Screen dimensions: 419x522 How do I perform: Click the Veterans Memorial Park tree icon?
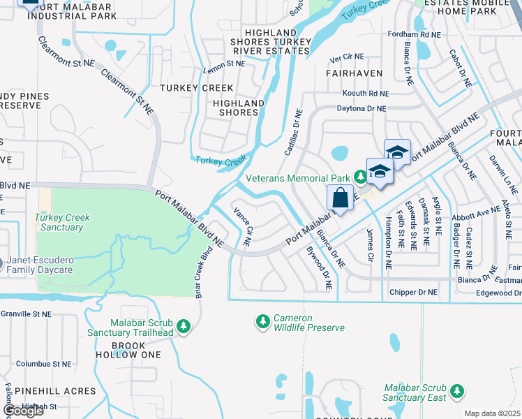click(x=360, y=177)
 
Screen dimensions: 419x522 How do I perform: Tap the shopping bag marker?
click(x=340, y=198)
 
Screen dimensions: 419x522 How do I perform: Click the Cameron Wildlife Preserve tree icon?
click(x=263, y=321)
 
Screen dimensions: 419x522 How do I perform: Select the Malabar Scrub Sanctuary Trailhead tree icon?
click(x=183, y=326)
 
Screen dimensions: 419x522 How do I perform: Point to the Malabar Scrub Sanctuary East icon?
click(x=457, y=392)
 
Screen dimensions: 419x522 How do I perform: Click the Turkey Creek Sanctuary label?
click(x=62, y=222)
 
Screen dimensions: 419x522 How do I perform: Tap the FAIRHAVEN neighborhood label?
click(x=350, y=72)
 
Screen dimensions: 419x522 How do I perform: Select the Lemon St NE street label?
click(x=224, y=63)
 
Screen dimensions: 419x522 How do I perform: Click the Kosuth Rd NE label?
click(x=365, y=93)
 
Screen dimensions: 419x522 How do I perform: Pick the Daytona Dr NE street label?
click(x=361, y=108)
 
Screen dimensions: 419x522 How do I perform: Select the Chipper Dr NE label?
click(x=413, y=292)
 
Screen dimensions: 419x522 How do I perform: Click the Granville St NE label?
click(x=26, y=314)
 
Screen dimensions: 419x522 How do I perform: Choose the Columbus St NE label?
click(x=44, y=364)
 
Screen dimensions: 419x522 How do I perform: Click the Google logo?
click(x=23, y=411)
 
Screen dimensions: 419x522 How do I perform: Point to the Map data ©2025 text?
click(x=492, y=413)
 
